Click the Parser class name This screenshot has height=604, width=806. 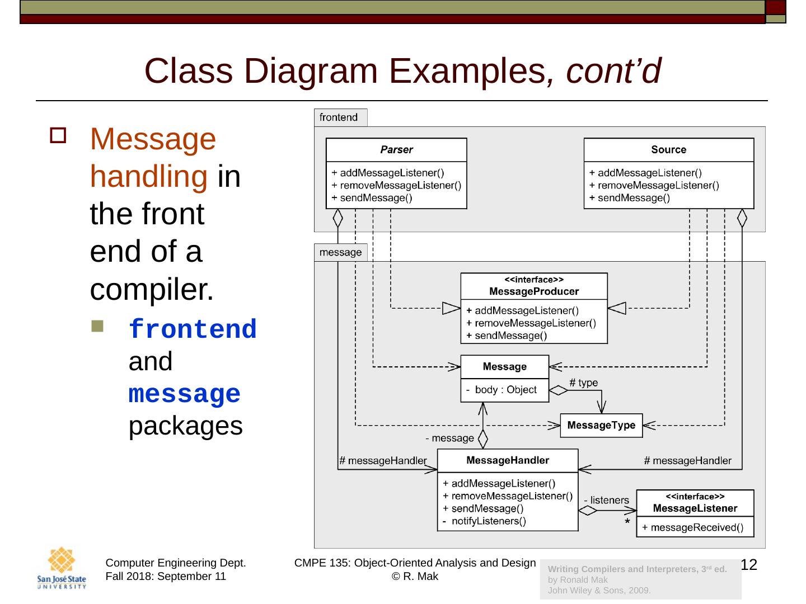pyautogui.click(x=396, y=150)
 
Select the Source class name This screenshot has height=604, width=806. pyautogui.click(x=668, y=150)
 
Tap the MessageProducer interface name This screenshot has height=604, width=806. pyautogui.click(x=533, y=291)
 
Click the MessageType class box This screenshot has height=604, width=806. pyautogui.click(x=601, y=426)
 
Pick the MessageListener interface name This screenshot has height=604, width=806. pyautogui.click(x=695, y=508)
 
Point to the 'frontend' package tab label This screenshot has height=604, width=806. pyautogui.click(x=339, y=117)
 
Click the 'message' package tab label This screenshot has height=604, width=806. pyautogui.click(x=340, y=253)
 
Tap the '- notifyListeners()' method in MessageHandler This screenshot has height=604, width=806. pyautogui.click(x=485, y=521)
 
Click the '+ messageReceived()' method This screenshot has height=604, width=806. pyautogui.click(x=692, y=527)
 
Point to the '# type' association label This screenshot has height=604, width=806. pyautogui.click(x=583, y=383)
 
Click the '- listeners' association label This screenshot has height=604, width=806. pyautogui.click(x=606, y=500)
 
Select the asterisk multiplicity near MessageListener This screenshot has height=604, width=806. pyautogui.click(x=627, y=522)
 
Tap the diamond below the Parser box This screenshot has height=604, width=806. pyautogui.click(x=338, y=218)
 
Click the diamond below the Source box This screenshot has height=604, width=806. pyautogui.click(x=742, y=218)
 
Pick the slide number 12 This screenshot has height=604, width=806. pyautogui.click(x=748, y=565)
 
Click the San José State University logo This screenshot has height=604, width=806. pyautogui.click(x=62, y=568)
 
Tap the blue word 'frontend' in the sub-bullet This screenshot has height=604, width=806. pyautogui.click(x=193, y=329)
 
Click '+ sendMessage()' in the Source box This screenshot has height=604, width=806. pyautogui.click(x=629, y=198)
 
